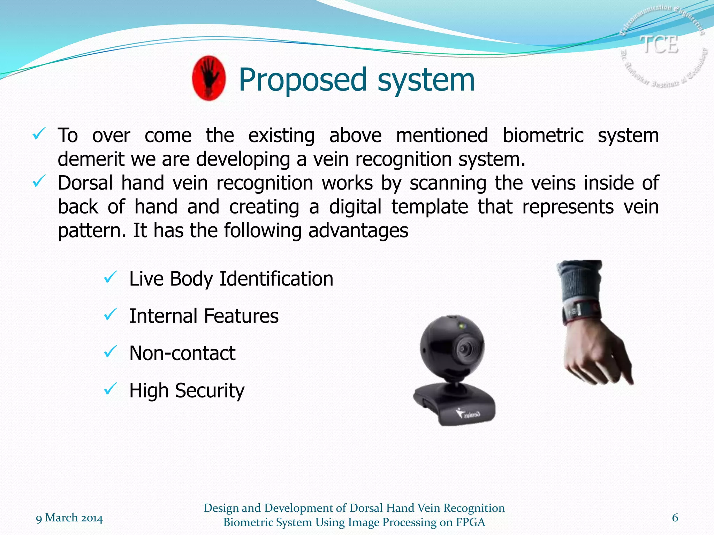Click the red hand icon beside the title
[x=208, y=78]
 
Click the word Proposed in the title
[x=302, y=80]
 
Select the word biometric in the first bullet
[x=543, y=135]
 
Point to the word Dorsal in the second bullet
[x=85, y=183]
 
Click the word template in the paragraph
[x=430, y=207]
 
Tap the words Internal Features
[x=204, y=316]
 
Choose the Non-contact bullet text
[x=182, y=354]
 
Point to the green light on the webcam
[x=462, y=326]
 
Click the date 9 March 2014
[x=69, y=518]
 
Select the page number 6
[x=675, y=518]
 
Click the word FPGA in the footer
[x=470, y=522]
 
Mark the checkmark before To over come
[x=38, y=134]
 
